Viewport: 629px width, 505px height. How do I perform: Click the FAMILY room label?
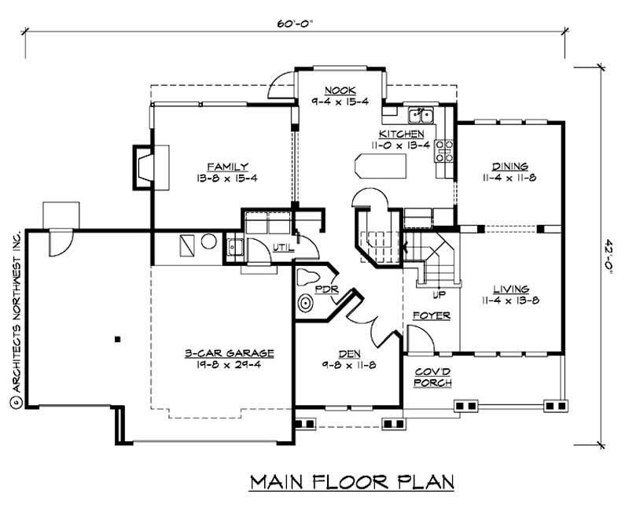(228, 167)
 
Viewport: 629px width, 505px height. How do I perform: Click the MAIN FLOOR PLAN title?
(352, 481)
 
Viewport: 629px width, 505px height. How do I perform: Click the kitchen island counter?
(381, 167)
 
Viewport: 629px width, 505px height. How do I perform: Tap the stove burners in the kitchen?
(444, 149)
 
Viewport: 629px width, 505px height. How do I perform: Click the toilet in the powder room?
(309, 277)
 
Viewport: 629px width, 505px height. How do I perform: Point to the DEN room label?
(351, 354)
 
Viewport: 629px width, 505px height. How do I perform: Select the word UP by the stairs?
(440, 296)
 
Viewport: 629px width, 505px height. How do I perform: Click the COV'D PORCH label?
(432, 378)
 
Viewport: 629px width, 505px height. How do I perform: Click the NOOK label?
(340, 90)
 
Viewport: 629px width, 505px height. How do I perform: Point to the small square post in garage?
(116, 339)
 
